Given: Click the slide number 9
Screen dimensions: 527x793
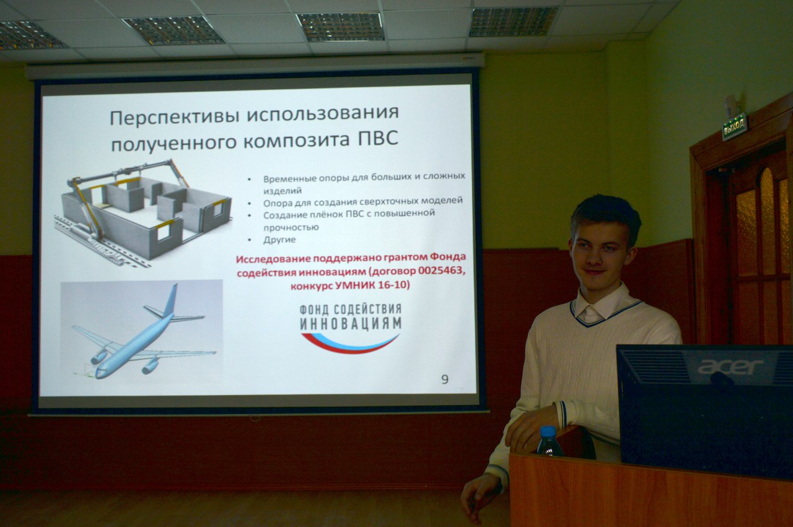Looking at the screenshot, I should tap(445, 379).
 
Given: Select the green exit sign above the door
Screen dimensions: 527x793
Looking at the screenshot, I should tap(735, 127).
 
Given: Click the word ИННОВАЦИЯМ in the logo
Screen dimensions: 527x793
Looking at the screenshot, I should tap(350, 323).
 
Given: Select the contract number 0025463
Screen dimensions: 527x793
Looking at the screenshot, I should tap(439, 272).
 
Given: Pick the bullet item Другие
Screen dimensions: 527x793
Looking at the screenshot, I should tap(279, 240).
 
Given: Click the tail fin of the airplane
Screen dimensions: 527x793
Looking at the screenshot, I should tap(170, 300).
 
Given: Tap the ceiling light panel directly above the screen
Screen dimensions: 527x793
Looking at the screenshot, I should tap(340, 27).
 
